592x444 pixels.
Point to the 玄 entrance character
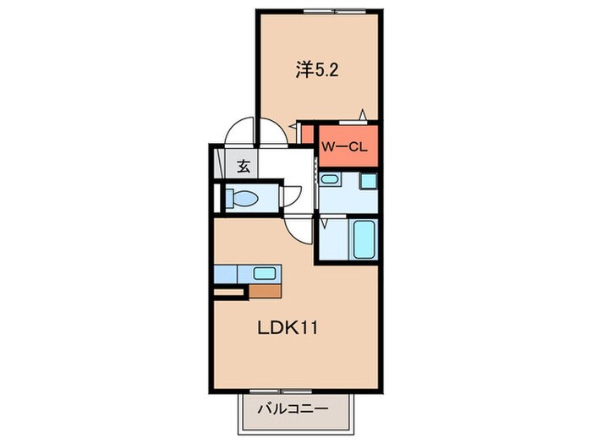244,167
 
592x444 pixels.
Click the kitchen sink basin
265,274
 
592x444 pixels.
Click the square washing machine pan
367,181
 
